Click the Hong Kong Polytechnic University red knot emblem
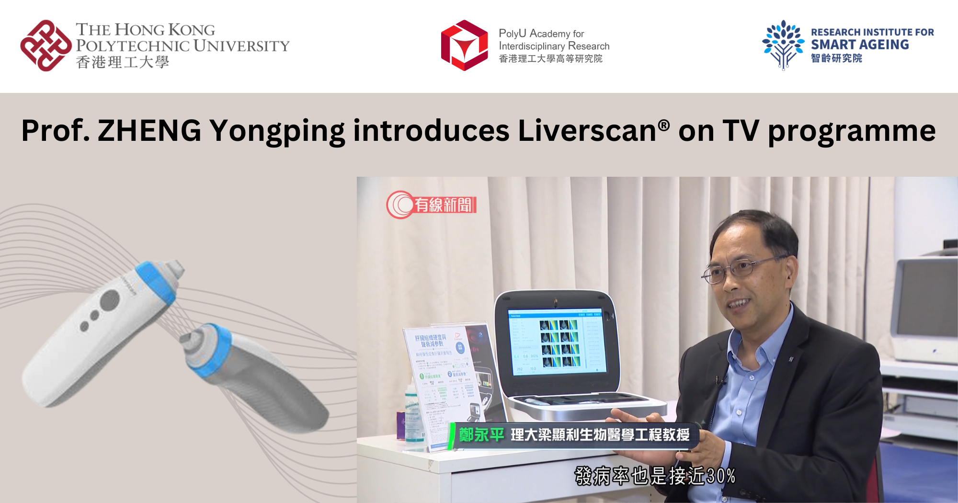coord(46,46)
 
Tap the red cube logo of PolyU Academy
coord(464,46)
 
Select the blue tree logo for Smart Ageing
coord(783,45)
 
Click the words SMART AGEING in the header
coord(860,45)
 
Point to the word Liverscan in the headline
coord(587,130)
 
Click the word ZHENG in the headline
coord(149,130)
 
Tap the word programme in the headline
coord(852,131)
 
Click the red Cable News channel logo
coord(431,205)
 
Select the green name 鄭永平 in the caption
coord(481,435)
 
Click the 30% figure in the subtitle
coord(721,476)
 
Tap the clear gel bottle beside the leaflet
coord(411,417)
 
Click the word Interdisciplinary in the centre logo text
coord(531,46)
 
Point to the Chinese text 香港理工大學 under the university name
coord(122,62)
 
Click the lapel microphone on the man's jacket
coord(718,380)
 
